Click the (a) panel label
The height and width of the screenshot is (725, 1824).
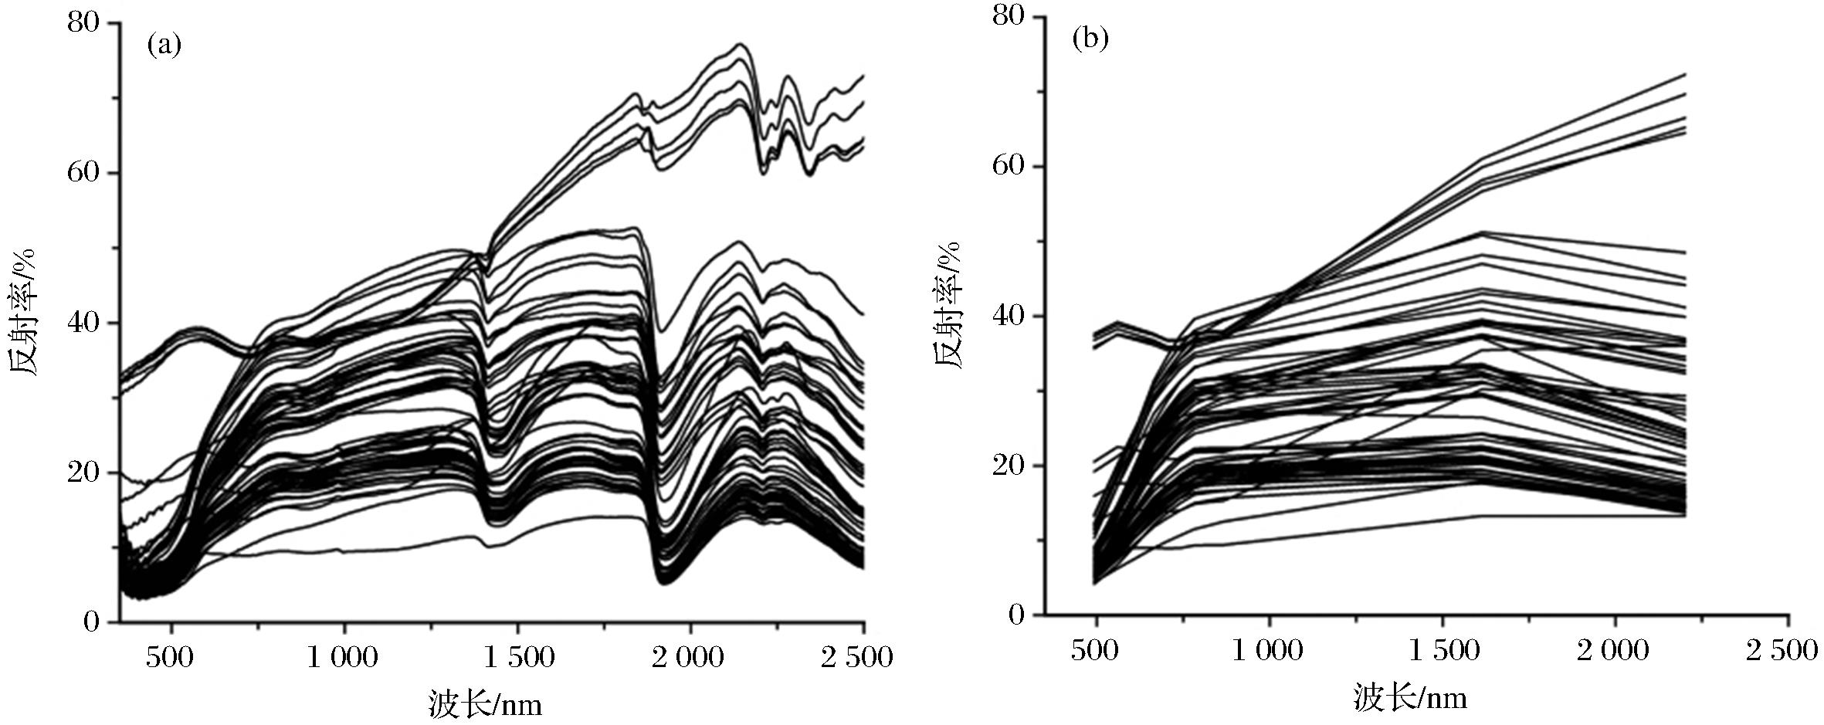coord(164,46)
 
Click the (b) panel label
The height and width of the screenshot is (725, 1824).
coord(1090,39)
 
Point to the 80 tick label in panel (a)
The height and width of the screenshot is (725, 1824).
coord(84,22)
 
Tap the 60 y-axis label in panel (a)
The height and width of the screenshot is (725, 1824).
coord(84,171)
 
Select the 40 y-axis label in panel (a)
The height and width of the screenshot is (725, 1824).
coord(84,322)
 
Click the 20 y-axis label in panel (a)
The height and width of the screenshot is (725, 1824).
coord(84,472)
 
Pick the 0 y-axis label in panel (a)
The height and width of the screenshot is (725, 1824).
coord(92,622)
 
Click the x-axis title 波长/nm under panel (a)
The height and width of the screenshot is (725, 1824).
coord(485,705)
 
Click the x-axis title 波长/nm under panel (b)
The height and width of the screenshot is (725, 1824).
coord(1410,699)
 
